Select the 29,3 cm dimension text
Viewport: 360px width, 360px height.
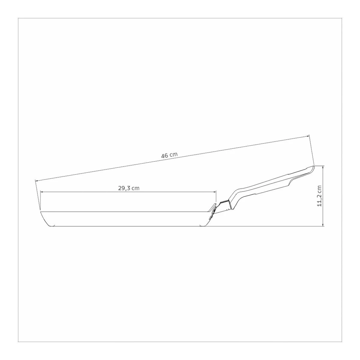point(129,188)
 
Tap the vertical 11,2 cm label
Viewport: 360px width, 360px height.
point(319,196)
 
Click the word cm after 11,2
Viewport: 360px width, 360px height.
point(319,188)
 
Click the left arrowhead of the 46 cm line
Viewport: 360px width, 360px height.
point(37,181)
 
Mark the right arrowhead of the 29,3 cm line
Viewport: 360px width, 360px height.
point(214,192)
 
